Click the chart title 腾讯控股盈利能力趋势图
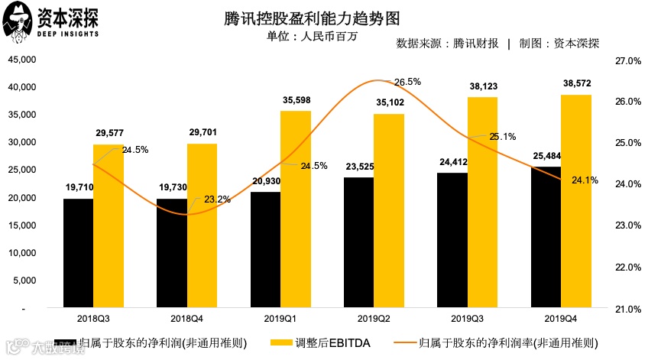point(323,18)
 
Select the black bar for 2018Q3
point(78,253)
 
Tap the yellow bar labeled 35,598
point(295,209)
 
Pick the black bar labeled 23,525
point(358,242)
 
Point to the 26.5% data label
point(407,82)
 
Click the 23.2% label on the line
point(218,199)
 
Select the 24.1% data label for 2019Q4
point(585,180)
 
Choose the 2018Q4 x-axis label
point(171,316)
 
